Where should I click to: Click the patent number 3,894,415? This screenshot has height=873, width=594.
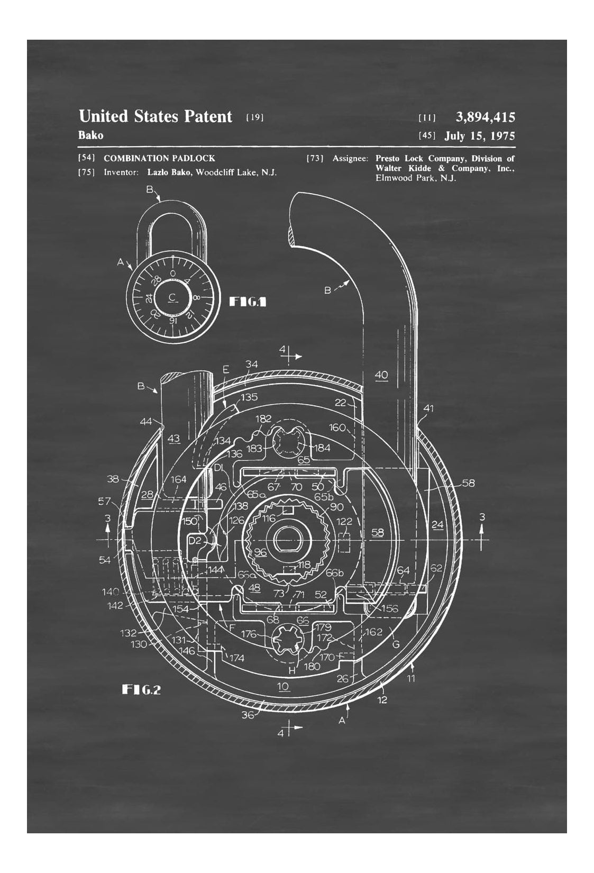(x=485, y=117)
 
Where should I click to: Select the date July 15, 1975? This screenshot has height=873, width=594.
(x=479, y=136)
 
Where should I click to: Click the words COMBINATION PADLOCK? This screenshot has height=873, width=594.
(x=159, y=158)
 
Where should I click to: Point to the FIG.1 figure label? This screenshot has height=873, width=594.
(x=247, y=302)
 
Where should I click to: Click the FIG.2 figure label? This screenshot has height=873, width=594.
(x=141, y=689)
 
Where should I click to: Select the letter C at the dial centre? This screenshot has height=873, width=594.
(x=172, y=297)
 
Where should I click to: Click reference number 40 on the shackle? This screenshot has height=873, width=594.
(x=381, y=375)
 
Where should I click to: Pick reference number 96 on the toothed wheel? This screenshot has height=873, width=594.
(x=260, y=552)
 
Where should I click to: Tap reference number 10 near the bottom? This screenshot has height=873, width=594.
(x=283, y=687)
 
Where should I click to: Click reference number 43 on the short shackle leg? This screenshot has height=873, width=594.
(x=173, y=439)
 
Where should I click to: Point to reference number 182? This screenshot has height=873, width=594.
(x=263, y=419)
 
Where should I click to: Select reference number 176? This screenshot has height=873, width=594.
(x=249, y=634)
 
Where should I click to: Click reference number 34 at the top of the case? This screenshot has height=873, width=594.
(x=252, y=364)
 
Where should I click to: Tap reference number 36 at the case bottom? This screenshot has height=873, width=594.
(x=248, y=715)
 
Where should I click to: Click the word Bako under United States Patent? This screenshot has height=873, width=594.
(x=91, y=135)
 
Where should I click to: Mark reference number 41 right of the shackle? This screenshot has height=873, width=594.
(x=428, y=408)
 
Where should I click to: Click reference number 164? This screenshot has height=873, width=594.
(x=178, y=479)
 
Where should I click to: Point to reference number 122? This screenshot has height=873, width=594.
(x=344, y=522)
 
